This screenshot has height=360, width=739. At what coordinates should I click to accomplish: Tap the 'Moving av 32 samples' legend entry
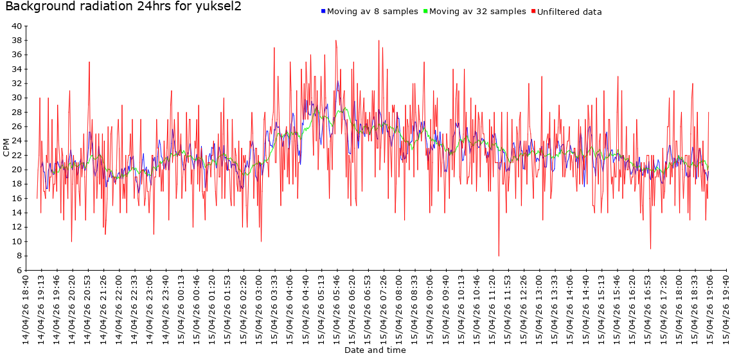(x=477, y=12)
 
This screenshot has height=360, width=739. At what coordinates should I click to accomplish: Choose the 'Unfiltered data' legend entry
(x=569, y=12)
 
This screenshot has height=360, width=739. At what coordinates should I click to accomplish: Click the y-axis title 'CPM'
(x=6, y=148)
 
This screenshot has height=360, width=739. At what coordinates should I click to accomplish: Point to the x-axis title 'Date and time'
(x=375, y=350)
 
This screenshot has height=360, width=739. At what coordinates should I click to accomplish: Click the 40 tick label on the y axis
(x=17, y=26)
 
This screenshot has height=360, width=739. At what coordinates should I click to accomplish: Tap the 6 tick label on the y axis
(x=19, y=271)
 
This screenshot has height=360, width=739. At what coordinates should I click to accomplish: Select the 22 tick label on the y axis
(x=17, y=156)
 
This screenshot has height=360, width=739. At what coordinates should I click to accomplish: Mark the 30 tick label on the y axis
(x=17, y=98)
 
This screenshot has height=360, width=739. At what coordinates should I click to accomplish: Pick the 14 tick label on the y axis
(x=17, y=213)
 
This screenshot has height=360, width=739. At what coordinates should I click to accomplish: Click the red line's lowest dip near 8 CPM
(x=499, y=256)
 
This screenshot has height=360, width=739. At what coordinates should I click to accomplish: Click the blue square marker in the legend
(x=323, y=12)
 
